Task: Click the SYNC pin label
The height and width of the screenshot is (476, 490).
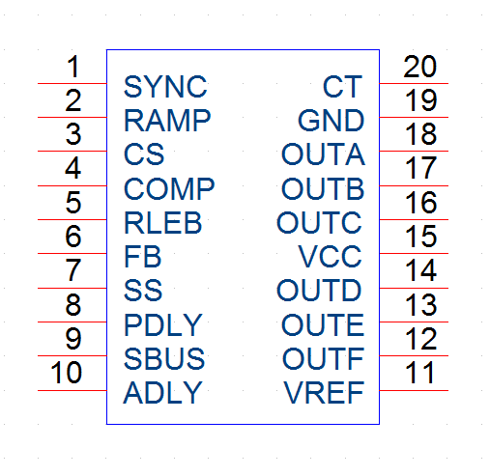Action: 165,87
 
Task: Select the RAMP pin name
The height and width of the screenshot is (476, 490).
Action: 167,121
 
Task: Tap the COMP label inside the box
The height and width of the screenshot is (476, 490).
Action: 169,188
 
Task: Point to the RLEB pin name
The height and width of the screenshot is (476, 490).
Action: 163,222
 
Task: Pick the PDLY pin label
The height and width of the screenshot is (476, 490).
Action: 163,325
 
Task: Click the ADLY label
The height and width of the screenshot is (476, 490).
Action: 162,393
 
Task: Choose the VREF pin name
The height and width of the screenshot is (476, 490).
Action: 324,393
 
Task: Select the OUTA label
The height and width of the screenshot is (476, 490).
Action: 323,154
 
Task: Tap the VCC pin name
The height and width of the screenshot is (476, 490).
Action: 330,256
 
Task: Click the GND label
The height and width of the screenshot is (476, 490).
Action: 331,121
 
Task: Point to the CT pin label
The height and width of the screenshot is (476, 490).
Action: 343,87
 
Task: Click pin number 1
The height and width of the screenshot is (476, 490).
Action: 73,67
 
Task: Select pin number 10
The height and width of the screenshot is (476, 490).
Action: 67,373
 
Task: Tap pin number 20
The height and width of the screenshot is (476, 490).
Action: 420,67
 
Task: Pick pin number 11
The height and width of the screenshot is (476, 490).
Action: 419,373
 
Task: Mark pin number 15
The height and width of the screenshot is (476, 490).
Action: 421,237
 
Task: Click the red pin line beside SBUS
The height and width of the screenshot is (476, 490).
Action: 72,355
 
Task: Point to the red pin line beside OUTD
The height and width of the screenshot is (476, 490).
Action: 414,288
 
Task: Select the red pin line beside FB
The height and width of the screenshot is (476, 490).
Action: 72,253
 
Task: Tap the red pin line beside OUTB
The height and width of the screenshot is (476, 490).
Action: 414,185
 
